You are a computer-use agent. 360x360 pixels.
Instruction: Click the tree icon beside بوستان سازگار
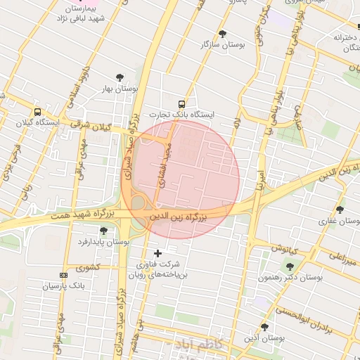click(x=223, y=34)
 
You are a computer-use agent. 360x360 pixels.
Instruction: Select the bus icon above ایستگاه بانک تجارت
click(x=182, y=103)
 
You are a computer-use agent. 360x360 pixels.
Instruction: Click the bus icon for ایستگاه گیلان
click(x=37, y=111)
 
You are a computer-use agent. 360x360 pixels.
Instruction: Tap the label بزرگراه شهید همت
click(x=79, y=212)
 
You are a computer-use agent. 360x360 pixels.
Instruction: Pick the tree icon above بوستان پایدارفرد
click(x=103, y=231)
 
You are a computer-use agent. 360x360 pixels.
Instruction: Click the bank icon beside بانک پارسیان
click(x=63, y=275)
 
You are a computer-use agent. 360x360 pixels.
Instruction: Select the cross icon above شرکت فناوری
click(x=157, y=252)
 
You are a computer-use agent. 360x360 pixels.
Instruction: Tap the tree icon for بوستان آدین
click(x=264, y=327)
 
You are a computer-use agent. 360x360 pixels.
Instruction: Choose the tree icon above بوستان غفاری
click(x=340, y=210)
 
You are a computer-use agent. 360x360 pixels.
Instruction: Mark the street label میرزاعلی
click(x=343, y=257)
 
